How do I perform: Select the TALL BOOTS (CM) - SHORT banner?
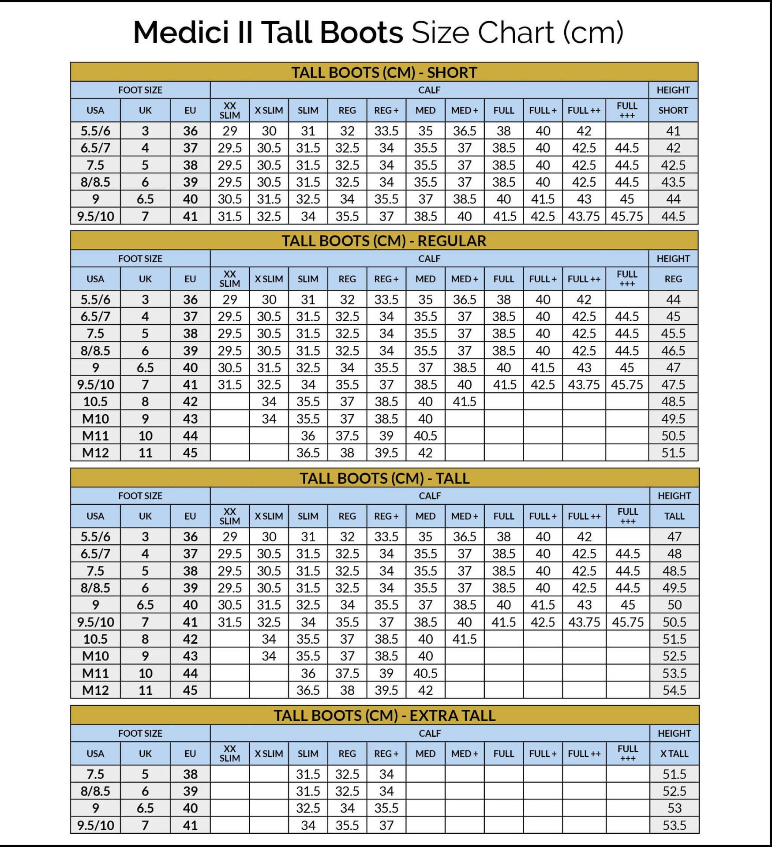coord(384,72)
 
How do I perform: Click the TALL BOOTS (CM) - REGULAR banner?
coord(384,241)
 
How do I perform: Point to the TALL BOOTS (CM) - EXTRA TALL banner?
coord(384,715)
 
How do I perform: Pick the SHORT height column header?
coord(673,110)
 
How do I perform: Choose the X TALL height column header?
coord(674,753)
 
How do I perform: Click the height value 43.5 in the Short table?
coord(673,182)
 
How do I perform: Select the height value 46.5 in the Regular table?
coord(673,351)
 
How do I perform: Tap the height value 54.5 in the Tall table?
coord(674,690)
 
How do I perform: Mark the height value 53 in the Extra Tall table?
coord(674,808)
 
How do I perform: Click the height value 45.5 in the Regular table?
coord(673,334)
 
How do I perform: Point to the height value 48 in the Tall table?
coord(674,554)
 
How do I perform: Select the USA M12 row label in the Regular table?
coord(95,453)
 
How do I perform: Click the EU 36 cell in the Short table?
coord(190,131)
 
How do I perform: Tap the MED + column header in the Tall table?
coord(465,516)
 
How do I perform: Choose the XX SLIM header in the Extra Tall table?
coord(230,753)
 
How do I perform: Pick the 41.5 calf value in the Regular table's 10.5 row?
coord(465,401)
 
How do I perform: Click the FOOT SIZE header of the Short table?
coord(140,90)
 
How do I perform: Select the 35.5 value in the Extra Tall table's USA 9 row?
coord(386,808)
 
